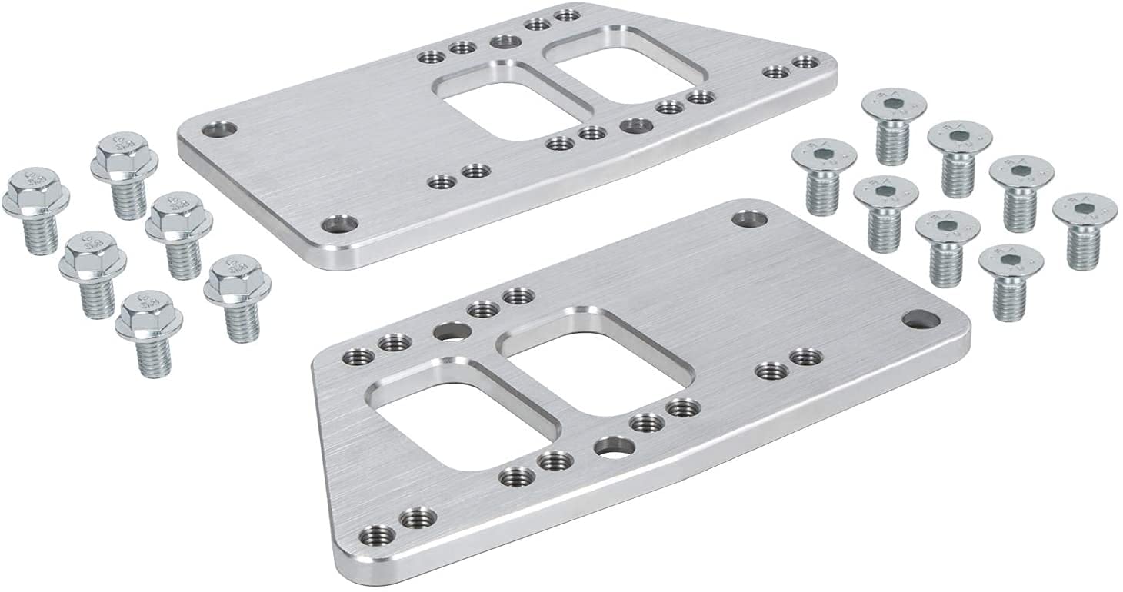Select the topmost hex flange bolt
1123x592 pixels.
(x=124, y=172)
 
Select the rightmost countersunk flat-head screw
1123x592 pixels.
(x=1084, y=226)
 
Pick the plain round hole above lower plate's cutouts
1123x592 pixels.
(x=448, y=332)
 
